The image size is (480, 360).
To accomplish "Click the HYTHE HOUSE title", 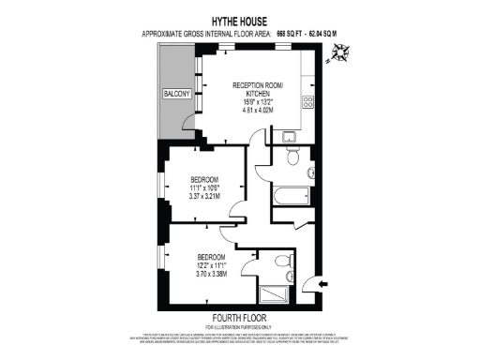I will point(240,20).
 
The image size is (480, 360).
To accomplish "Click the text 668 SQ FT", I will point(294,34).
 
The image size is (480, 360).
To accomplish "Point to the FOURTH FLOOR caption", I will point(240,316).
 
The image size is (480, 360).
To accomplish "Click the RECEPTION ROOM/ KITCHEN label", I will point(256,90).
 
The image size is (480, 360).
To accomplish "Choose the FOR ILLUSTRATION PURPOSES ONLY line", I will point(240,325).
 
